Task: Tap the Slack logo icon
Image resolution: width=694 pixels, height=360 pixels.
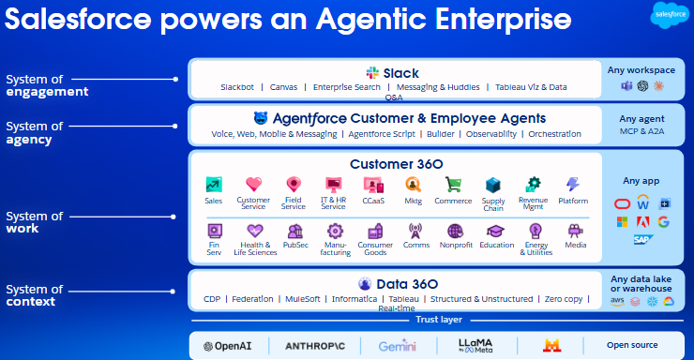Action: (372, 72)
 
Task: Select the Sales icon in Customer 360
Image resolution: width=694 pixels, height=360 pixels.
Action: (214, 185)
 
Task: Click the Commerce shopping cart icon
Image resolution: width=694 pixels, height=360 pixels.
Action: (453, 185)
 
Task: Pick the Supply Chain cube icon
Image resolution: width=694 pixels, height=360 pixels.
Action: (493, 185)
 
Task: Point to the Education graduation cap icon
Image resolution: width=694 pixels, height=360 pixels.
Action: (495, 231)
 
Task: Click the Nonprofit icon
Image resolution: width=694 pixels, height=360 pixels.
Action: (455, 231)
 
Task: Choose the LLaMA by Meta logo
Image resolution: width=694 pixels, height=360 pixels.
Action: (475, 345)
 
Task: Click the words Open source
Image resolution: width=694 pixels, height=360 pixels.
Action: (632, 345)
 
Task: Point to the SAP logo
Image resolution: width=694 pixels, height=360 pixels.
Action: (641, 239)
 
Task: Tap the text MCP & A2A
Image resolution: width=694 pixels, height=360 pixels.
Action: (641, 131)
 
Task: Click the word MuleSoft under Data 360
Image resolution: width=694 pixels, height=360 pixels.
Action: (301, 299)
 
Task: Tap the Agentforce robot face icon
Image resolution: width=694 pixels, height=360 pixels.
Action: (261, 118)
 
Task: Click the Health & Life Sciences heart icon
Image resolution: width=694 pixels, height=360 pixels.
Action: (254, 231)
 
